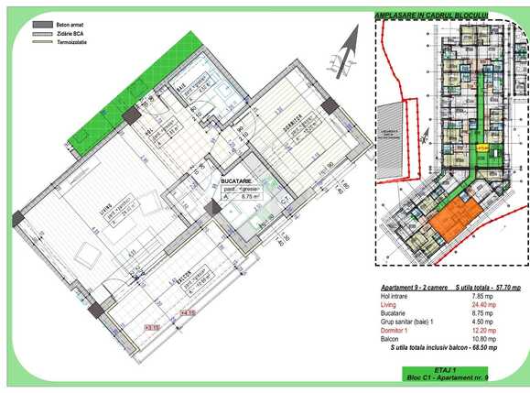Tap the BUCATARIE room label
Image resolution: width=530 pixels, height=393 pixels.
236,182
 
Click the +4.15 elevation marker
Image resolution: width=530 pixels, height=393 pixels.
188,314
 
